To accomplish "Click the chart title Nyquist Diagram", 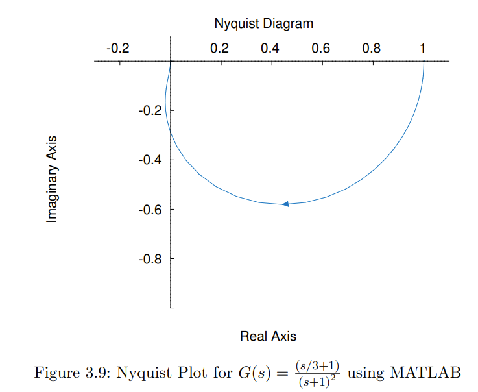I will click(x=263, y=24).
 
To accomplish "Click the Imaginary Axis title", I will click(x=52, y=179).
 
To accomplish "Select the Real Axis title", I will click(x=268, y=336).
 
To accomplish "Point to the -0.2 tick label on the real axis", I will click(x=117, y=48).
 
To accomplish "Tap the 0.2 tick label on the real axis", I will click(x=219, y=48).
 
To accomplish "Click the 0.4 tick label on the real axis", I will click(x=270, y=48).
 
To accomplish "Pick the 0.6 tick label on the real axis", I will click(x=320, y=48).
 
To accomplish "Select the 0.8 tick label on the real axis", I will click(x=371, y=48).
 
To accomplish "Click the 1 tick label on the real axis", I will click(x=423, y=48).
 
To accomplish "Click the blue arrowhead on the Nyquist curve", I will click(x=285, y=204).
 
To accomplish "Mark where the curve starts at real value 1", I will click(x=424, y=62).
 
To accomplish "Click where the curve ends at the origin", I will click(x=171, y=62).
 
